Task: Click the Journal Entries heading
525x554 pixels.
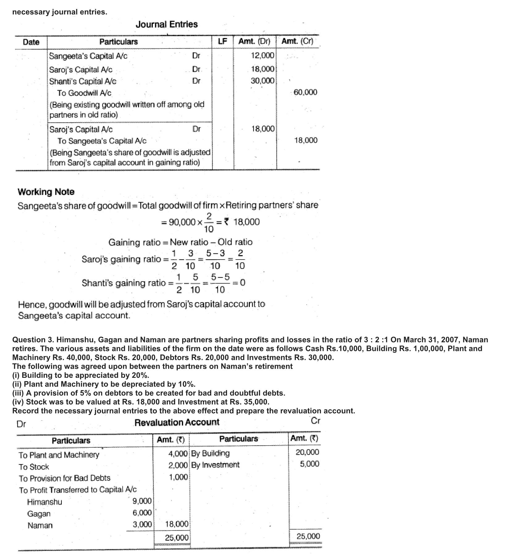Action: coord(166,24)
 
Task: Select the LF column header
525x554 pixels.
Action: coord(222,41)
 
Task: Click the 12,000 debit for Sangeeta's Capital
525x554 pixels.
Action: coord(262,56)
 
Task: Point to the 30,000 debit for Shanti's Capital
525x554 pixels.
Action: coord(262,81)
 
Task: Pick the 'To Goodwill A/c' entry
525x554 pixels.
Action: coord(84,93)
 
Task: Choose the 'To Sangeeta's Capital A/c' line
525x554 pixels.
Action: coord(102,141)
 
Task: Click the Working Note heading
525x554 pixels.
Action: coord(46,192)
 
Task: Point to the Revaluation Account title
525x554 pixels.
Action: coord(177,422)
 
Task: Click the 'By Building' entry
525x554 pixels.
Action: coord(210,453)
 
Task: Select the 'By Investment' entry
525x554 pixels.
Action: coord(215,465)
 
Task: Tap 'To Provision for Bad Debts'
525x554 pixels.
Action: coord(64,478)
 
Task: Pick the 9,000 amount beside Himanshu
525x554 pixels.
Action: coord(142,501)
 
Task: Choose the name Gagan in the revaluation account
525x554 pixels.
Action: coord(39,514)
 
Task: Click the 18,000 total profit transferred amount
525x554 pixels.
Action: coord(177,524)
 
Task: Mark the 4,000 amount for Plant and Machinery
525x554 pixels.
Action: coord(178,454)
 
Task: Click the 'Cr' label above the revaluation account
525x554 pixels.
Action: coord(315,421)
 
